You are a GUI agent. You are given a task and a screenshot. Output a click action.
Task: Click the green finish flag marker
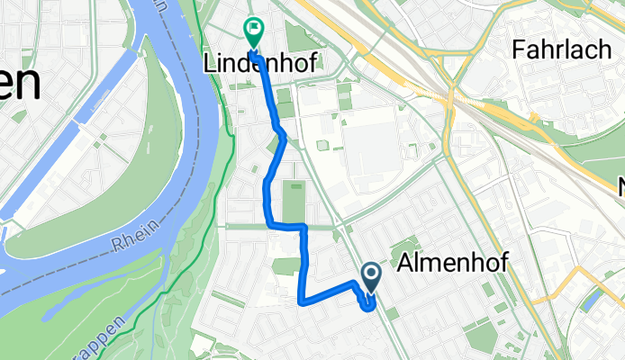[253, 32]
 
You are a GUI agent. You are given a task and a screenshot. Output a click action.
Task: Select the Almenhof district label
[452, 262]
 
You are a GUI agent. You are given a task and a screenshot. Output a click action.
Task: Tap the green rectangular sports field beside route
[294, 201]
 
